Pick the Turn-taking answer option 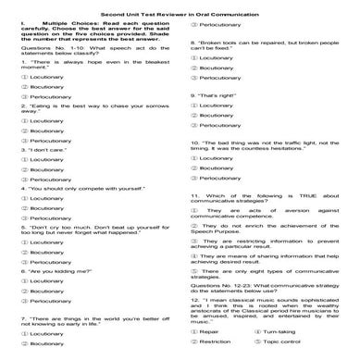click(x=283, y=330)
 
